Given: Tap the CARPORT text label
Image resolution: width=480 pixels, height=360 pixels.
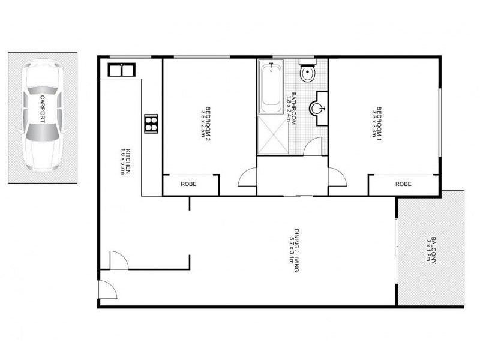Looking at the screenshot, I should coord(43,109).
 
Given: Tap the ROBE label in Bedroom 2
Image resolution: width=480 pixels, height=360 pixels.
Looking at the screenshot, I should coord(189,184).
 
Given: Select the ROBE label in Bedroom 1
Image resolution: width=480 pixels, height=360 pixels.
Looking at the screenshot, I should coord(403,184).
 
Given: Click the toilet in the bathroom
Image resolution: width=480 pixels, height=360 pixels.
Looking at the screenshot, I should coord(308,74).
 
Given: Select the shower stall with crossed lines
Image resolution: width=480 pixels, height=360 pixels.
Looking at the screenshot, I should coord(272,136).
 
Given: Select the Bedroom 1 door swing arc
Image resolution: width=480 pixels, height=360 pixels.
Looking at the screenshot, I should coord(338,178).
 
